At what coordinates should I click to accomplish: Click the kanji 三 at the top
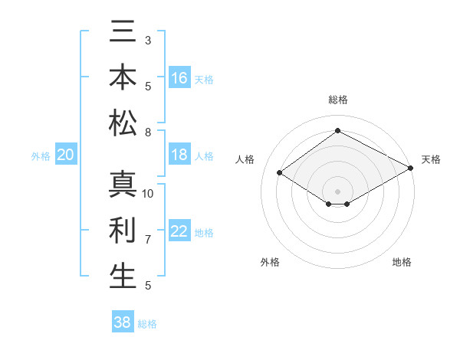pos(123,33)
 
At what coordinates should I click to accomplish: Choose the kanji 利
pos(123,231)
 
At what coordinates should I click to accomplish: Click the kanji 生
pos(123,276)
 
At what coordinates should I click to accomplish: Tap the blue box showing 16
pos(179,78)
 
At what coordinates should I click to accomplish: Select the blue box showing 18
pos(179,155)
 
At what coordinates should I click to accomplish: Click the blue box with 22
pos(179,231)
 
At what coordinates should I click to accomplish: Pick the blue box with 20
pos(66,155)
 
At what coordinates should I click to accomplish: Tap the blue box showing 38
pos(123,322)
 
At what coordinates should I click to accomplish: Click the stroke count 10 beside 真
pos(148,194)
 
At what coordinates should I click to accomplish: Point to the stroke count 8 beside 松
pos(148,133)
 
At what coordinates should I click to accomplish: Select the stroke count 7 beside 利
pos(148,240)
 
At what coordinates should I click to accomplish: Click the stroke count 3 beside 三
pos(148,40)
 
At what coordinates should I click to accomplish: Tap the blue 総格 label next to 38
pos(147,324)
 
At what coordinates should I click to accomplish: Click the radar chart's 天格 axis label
pos(431,159)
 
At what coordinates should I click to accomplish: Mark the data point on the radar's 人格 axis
pos(280,173)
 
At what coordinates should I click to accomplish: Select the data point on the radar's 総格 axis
pos(337,130)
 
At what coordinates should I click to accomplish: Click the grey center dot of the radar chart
pos(337,191)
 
